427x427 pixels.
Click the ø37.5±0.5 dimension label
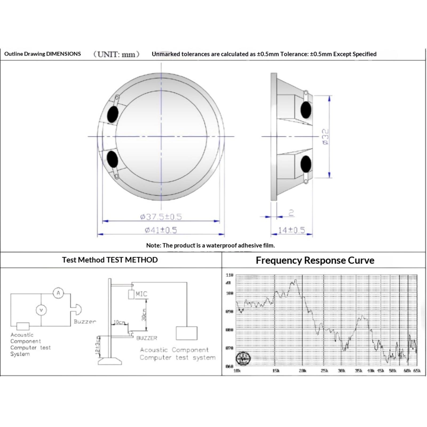[x=161, y=217]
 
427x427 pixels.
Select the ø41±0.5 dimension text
[x=161, y=230]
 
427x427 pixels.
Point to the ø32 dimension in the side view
[x=326, y=137]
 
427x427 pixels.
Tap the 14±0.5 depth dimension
[x=291, y=230]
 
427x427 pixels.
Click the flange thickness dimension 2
[x=291, y=213]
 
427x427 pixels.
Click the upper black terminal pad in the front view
[x=113, y=114]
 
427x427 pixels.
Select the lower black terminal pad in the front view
[x=112, y=159]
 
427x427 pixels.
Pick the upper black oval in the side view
[x=306, y=110]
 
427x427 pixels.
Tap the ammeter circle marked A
[x=58, y=293]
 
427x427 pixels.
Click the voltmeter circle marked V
[x=41, y=310]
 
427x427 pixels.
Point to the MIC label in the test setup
[x=141, y=294]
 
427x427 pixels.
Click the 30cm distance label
[x=144, y=315]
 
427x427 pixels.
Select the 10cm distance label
[x=119, y=322]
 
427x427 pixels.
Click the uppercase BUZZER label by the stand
[x=147, y=338]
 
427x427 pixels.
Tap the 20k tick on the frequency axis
[x=303, y=371]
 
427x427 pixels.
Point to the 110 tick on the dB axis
[x=230, y=275]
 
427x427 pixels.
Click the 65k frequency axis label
[x=417, y=371]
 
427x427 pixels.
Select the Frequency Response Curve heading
[x=315, y=260]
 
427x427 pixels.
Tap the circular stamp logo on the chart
[x=243, y=358]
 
